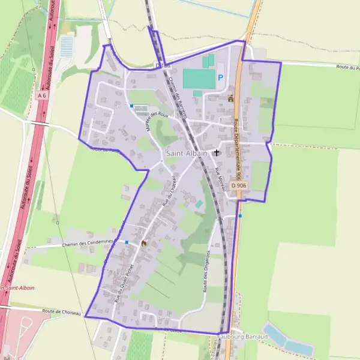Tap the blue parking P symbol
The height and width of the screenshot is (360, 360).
point(221,77)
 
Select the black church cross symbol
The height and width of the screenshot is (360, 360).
point(216,154)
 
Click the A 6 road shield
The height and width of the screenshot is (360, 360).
point(41,95)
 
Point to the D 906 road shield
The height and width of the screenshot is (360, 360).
point(238,186)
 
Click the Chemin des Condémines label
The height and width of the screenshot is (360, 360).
point(87,244)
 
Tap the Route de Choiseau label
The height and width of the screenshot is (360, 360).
point(61,311)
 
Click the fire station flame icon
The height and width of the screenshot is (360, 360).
point(143,243)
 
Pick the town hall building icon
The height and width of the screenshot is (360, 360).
point(230,99)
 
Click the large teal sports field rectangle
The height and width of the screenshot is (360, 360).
point(199,79)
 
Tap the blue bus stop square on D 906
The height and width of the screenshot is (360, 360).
point(240,215)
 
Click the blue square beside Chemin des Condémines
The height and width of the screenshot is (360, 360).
point(127,242)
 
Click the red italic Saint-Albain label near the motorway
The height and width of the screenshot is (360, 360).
point(18,288)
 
